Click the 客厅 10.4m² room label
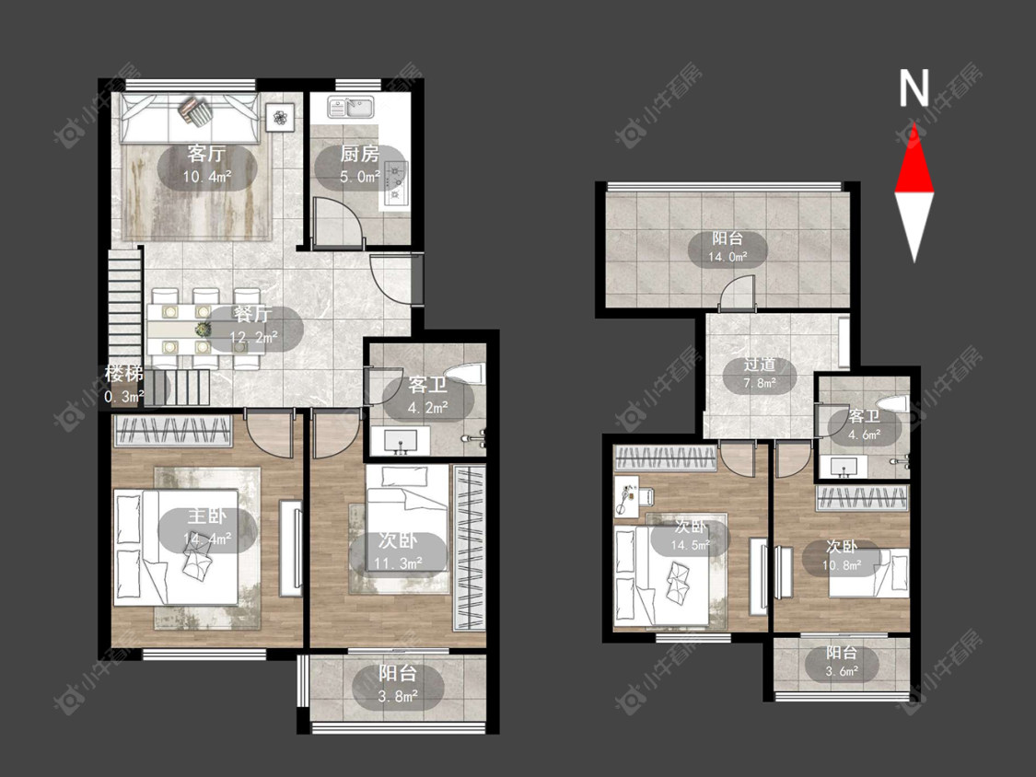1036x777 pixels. pyautogui.click(x=207, y=165)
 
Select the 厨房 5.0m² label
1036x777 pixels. pyautogui.click(x=359, y=165)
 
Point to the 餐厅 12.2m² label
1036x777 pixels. pyautogui.click(x=254, y=326)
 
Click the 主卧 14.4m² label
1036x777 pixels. pyautogui.click(x=207, y=528)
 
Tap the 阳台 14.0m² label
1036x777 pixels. pyautogui.click(x=728, y=248)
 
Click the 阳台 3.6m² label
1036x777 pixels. pyautogui.click(x=842, y=662)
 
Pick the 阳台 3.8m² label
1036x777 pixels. pyautogui.click(x=398, y=685)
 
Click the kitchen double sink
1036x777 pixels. pyautogui.click(x=351, y=107)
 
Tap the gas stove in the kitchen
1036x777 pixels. pyautogui.click(x=396, y=180)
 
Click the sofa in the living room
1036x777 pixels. pyautogui.click(x=190, y=118)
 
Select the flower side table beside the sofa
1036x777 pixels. pyautogui.click(x=281, y=118)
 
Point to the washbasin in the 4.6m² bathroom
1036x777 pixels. pyautogui.click(x=843, y=467)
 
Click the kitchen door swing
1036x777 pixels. pyautogui.click(x=337, y=224)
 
